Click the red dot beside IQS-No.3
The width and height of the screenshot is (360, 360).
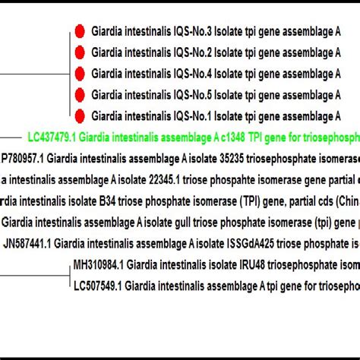pos(79,33)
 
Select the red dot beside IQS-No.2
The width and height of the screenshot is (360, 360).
pos(79,53)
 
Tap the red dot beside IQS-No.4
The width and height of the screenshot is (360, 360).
pos(79,74)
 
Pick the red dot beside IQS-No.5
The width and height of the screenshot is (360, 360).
pos(79,95)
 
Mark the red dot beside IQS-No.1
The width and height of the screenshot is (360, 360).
pos(79,115)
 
